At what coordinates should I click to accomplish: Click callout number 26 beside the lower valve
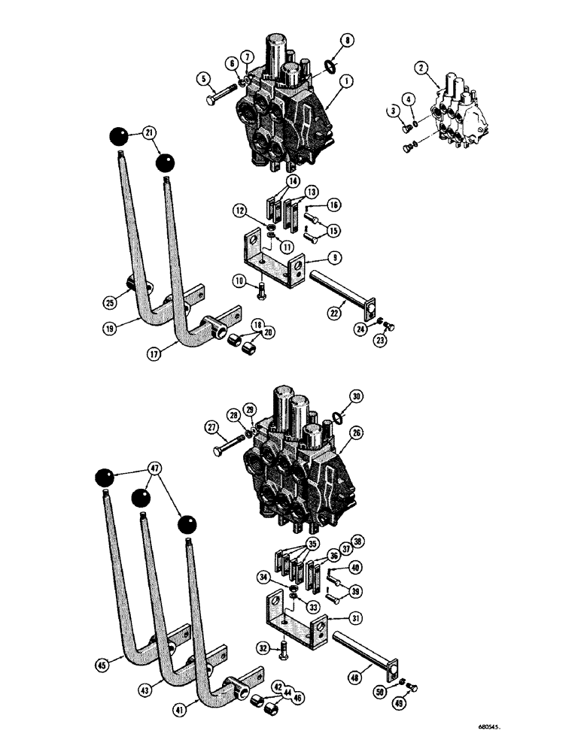(x=356, y=433)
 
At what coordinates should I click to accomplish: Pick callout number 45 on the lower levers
(x=104, y=664)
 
